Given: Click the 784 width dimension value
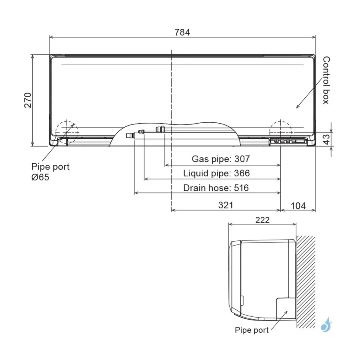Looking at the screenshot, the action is (x=182, y=32).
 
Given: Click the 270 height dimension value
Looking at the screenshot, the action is (x=28, y=100).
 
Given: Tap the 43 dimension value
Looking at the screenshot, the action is (x=326, y=139).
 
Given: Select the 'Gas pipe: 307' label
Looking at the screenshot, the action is (x=221, y=159).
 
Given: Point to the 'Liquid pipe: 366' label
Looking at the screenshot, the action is (x=216, y=173).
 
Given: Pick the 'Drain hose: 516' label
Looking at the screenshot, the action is (x=216, y=188).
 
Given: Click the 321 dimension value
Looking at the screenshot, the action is (x=226, y=205).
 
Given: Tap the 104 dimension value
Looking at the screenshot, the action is (x=298, y=206).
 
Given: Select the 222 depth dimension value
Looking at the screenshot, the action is (x=262, y=220).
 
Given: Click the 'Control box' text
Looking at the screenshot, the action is (x=326, y=80).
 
